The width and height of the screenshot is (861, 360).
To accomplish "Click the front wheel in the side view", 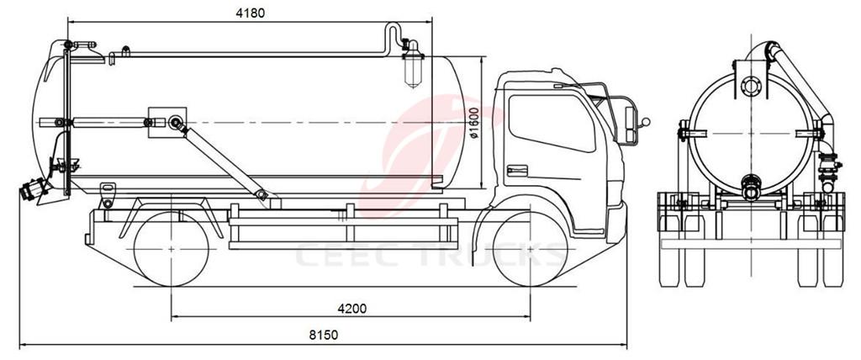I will [x=531, y=249].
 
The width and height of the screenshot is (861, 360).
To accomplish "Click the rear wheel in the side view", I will [x=171, y=249].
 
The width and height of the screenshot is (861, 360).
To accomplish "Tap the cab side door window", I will [x=551, y=123].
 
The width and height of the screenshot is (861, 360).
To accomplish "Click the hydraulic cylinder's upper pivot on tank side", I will [x=176, y=124].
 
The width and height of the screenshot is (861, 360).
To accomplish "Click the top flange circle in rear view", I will [x=751, y=86].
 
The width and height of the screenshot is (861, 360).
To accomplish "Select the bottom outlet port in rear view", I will [x=751, y=184].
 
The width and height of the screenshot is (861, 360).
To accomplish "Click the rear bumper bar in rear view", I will [x=751, y=242].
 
